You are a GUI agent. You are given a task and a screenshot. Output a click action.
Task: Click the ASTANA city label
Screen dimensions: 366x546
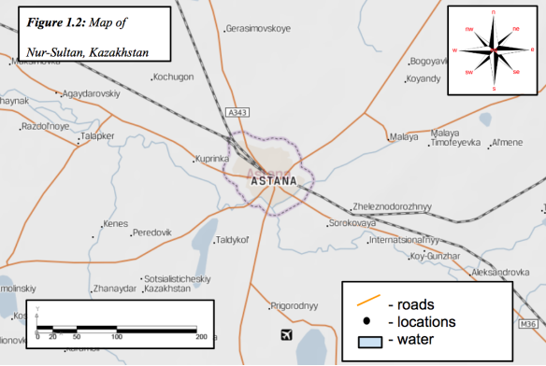[x=274, y=180]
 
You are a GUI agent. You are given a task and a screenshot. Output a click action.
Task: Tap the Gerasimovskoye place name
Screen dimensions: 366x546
[x=258, y=29]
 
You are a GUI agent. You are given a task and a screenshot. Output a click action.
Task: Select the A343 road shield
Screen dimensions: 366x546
[x=238, y=113]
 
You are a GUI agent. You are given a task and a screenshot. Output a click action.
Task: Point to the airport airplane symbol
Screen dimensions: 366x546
[x=286, y=334]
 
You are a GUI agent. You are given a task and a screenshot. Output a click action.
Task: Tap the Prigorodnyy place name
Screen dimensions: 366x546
[x=295, y=305]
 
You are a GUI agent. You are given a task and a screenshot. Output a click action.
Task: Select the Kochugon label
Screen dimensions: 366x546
[x=172, y=77]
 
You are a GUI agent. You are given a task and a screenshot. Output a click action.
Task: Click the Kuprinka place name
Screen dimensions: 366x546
[x=211, y=159]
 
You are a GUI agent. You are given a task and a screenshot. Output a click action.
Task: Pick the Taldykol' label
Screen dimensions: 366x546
[x=232, y=240]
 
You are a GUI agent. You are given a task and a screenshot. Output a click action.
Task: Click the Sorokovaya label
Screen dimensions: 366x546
[x=352, y=224]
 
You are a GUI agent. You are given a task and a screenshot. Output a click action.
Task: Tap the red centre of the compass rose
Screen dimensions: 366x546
[x=494, y=49]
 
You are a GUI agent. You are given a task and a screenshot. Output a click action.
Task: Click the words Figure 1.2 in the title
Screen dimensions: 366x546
[x=55, y=21]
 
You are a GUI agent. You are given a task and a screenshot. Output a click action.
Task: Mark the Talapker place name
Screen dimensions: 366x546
[x=97, y=136]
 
